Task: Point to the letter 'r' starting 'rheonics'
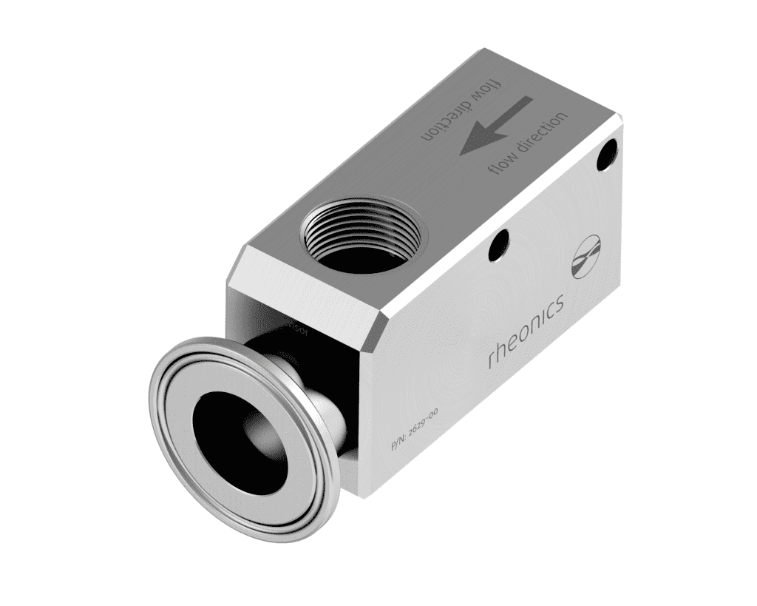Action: coord(493,361)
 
